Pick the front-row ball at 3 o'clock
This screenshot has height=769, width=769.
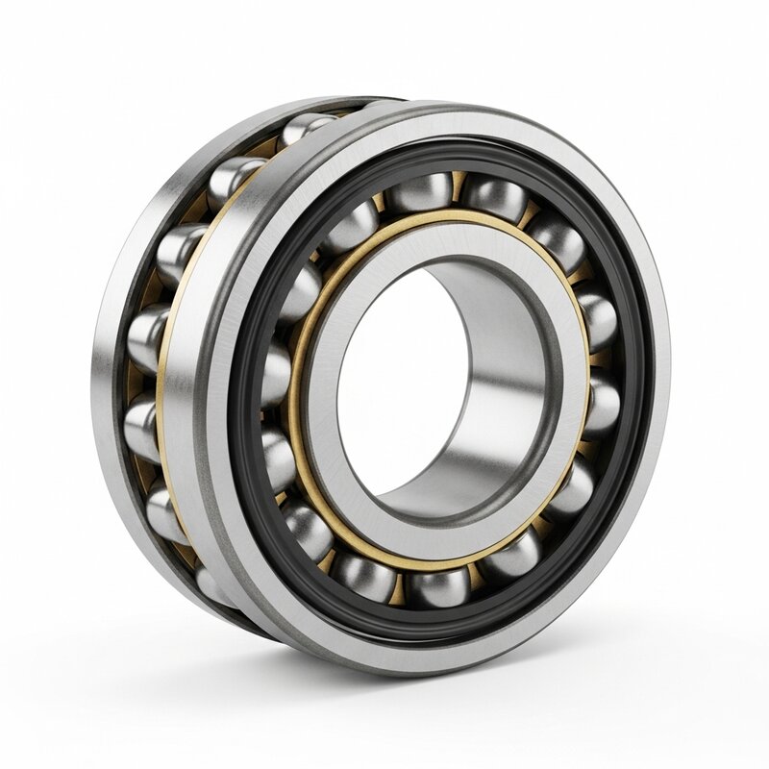point(602,404)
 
